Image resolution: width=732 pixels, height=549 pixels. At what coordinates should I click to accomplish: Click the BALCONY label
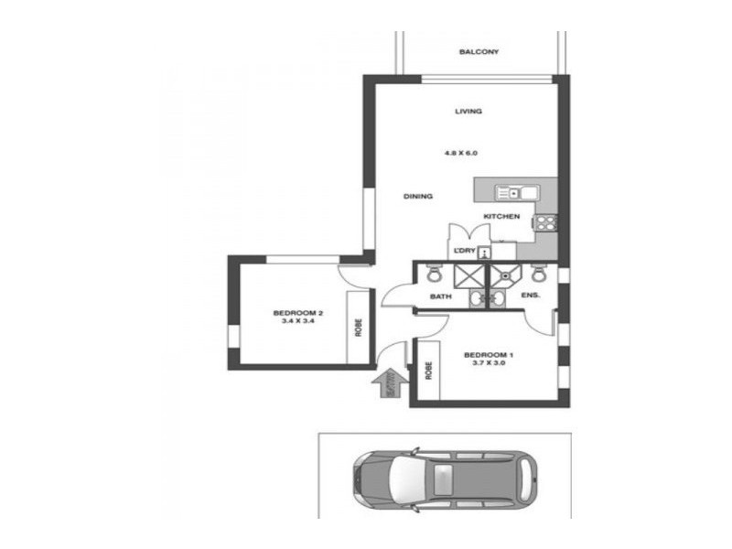pos(479,52)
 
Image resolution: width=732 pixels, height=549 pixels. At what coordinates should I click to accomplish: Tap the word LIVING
pos(468,112)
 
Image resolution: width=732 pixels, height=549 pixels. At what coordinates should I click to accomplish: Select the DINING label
pos(418,197)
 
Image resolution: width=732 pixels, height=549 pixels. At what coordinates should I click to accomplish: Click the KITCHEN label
pos(501,217)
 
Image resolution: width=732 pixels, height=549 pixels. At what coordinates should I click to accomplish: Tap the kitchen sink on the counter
pos(509,192)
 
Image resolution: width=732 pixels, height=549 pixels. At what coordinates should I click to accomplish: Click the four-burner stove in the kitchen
pos(546,221)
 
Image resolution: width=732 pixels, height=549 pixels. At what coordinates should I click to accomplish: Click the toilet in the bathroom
pos(434,274)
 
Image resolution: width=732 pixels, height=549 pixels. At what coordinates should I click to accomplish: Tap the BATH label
pos(441,296)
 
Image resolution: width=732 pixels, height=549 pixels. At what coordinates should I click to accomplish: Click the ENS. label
pos(530,296)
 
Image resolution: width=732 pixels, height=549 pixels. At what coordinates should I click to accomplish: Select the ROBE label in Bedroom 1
pos(428,373)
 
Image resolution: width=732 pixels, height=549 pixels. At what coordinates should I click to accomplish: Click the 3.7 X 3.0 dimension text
pos(489,363)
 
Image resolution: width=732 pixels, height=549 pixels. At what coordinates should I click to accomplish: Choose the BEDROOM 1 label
pos(489,354)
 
